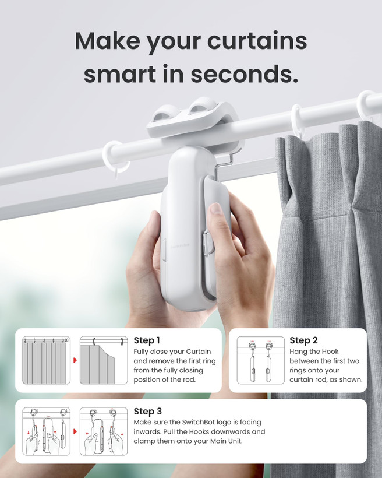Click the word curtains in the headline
[x=257, y=40]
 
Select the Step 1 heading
[x=147, y=340]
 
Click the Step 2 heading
[x=303, y=340]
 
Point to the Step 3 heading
[x=148, y=411]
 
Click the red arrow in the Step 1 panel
[x=75, y=360]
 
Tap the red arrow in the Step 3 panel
[x=75, y=431]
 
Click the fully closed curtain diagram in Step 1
[x=47, y=360]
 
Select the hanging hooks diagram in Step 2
[x=261, y=360]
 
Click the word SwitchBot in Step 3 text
[x=198, y=422]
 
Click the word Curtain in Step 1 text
[x=199, y=352]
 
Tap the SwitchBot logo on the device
[x=180, y=245]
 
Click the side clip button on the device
[x=208, y=243]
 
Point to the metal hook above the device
[x=225, y=164]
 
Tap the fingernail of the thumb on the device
[x=215, y=209]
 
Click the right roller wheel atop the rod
[x=203, y=106]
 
